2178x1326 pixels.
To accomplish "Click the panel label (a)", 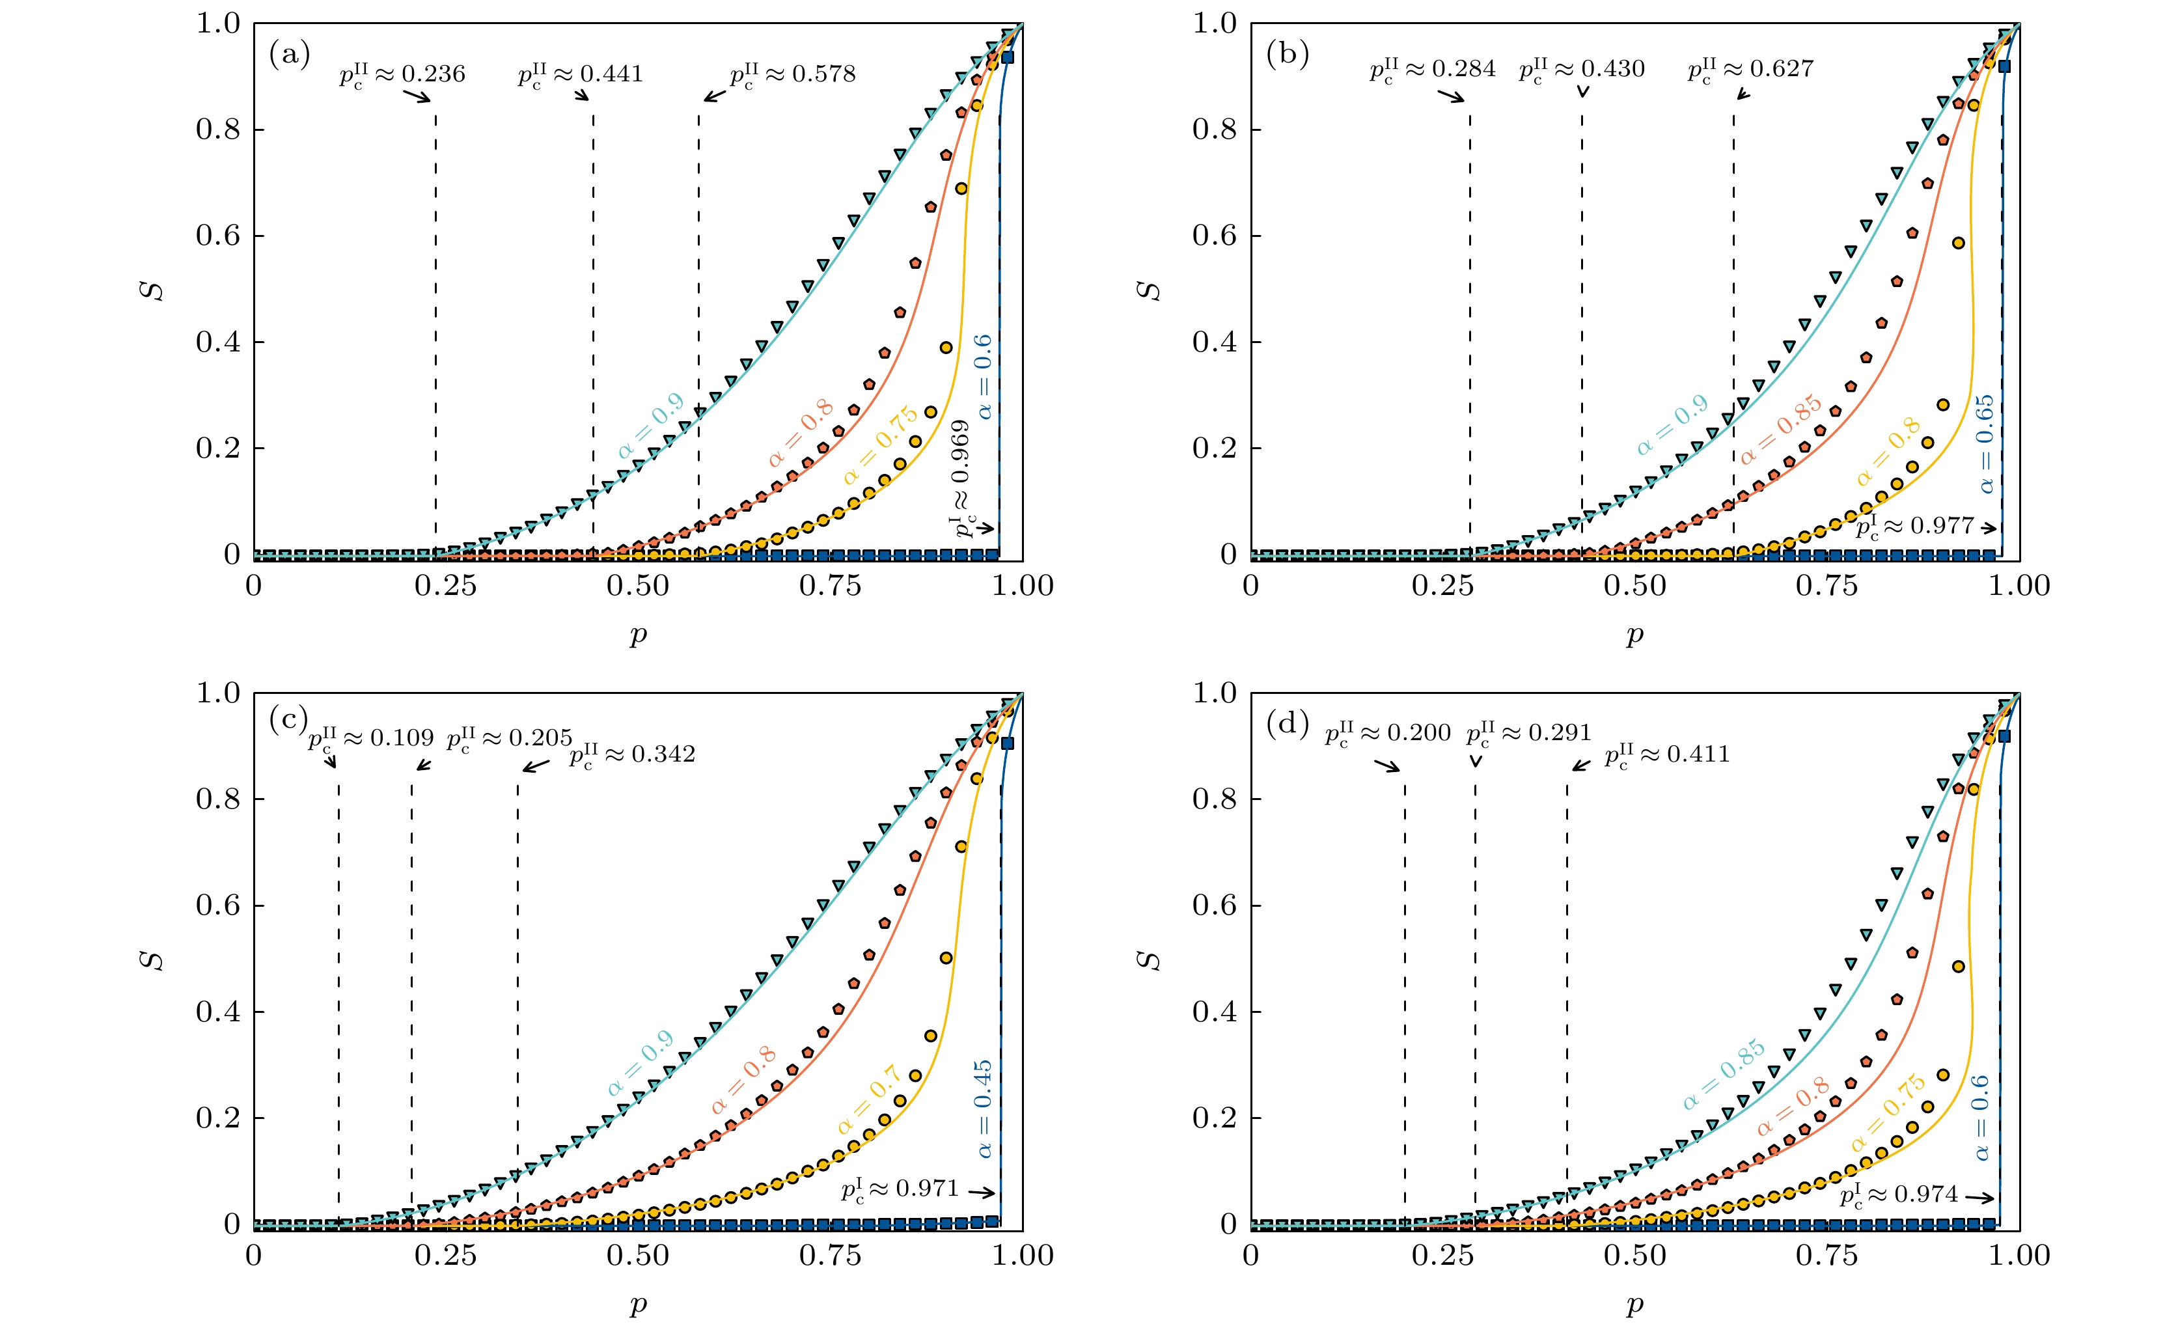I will tap(289, 55).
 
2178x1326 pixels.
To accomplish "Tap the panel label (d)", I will tap(1287, 724).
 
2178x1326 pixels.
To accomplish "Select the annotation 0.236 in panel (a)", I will tap(402, 74).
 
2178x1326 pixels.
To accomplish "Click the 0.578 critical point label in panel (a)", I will tap(793, 74).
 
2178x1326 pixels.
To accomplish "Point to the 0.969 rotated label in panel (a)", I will tap(961, 477).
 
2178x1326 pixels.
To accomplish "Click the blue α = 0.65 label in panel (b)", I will tap(1985, 444).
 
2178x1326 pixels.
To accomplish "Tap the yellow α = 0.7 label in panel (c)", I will tap(870, 1099).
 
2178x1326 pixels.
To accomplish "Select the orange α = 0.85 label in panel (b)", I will tap(1781, 430).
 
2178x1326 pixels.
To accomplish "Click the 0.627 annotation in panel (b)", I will tap(1750, 70).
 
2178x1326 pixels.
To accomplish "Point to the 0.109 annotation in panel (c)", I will tap(371, 738).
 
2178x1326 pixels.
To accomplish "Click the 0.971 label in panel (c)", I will tap(900, 1190).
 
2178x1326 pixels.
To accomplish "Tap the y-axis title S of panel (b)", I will tap(1148, 290).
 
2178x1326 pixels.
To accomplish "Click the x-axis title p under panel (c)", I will tap(638, 1305).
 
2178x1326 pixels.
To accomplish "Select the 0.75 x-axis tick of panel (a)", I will tap(829, 586).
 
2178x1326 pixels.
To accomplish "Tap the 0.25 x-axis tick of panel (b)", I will tap(1442, 586).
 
